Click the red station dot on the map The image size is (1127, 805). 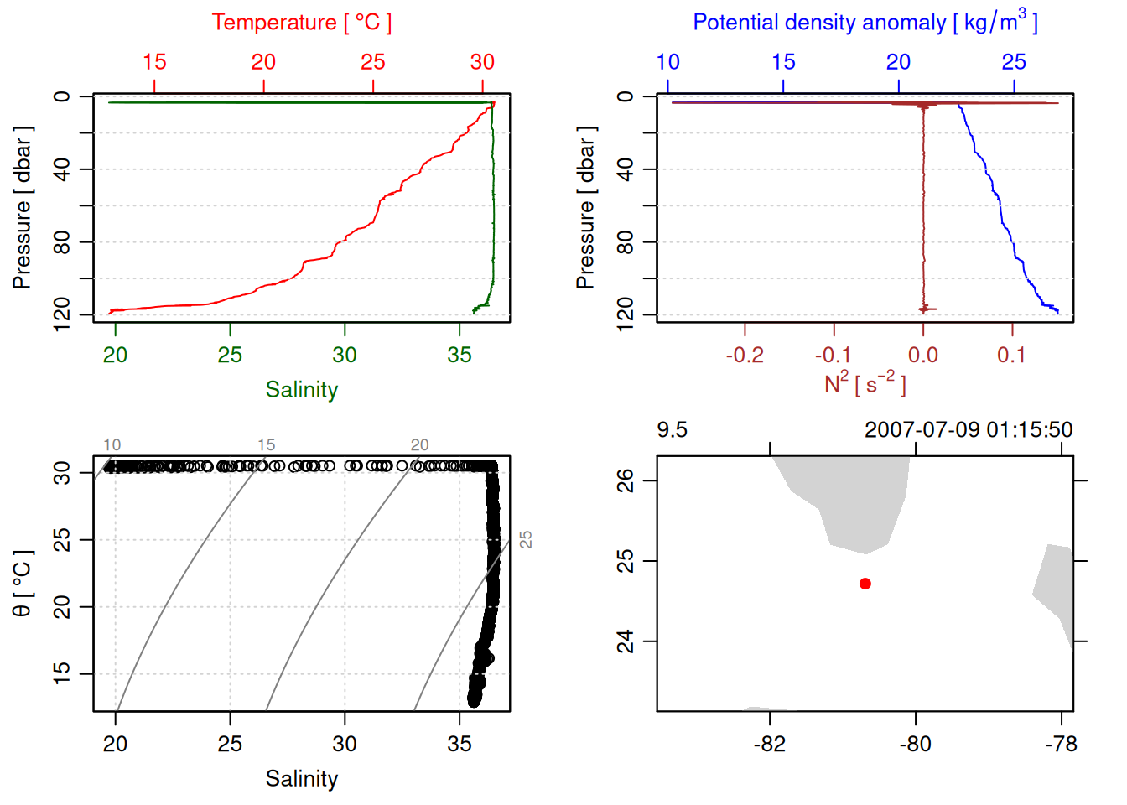click(x=865, y=584)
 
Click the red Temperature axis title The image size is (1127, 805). click(x=301, y=23)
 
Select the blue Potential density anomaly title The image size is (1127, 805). click(x=865, y=22)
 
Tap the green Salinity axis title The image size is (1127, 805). click(x=302, y=390)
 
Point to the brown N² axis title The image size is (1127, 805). click(x=865, y=384)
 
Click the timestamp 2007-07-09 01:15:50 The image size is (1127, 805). click(x=969, y=430)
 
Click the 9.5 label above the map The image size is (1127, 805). click(x=672, y=430)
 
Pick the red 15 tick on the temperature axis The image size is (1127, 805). click(x=154, y=62)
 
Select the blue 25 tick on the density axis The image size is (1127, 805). click(x=1014, y=62)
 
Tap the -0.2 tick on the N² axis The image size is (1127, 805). click(x=745, y=356)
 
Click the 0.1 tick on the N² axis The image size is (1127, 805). click(x=1011, y=356)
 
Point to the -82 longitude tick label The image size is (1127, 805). click(x=770, y=745)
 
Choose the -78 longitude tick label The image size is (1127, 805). click(x=1061, y=745)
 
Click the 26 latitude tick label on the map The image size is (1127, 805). click(x=626, y=480)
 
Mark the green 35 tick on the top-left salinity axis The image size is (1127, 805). click(x=460, y=356)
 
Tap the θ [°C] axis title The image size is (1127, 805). click(x=22, y=584)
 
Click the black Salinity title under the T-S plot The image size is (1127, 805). click(x=302, y=779)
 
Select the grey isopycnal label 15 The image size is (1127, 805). click(x=266, y=445)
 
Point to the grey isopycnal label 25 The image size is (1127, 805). click(x=526, y=539)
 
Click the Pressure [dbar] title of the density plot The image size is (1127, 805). click(x=585, y=208)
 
